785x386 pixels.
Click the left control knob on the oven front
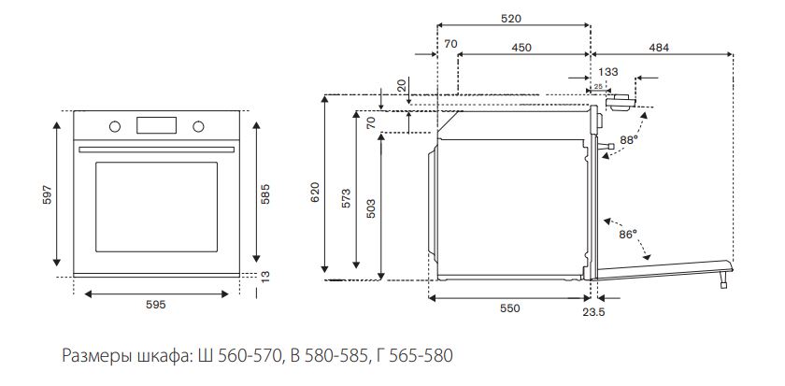point(113,126)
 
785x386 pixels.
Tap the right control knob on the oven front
point(198,126)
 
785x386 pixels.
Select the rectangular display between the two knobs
point(156,125)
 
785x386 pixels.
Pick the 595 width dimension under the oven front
point(156,306)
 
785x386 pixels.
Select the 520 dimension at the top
point(511,18)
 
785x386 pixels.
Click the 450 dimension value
point(522,46)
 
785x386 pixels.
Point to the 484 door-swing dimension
point(659,46)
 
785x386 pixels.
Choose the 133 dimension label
point(608,72)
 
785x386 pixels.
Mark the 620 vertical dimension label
point(315,192)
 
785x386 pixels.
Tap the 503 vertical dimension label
point(371,207)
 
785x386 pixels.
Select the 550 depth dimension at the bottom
point(509,307)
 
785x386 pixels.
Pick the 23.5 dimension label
point(594,313)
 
